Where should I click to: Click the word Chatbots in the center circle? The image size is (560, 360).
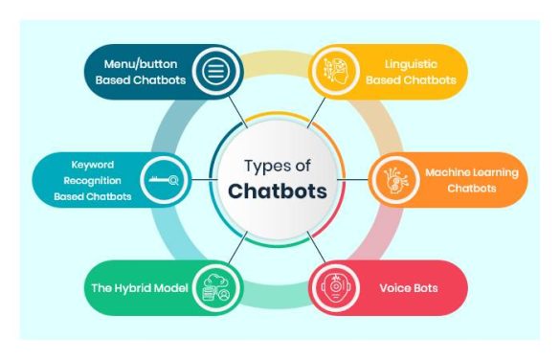point(279,191)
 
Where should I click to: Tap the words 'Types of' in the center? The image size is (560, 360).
point(279,164)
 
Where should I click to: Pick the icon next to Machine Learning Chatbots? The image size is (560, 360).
point(392,180)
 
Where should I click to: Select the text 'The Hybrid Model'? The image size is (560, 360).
point(139,286)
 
